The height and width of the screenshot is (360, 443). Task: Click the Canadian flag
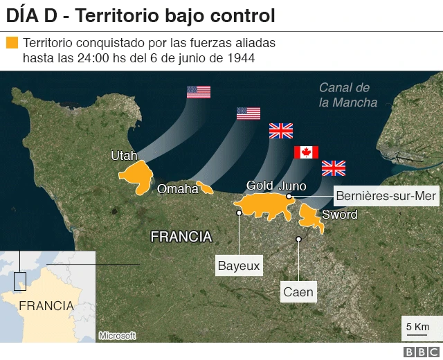(306, 152)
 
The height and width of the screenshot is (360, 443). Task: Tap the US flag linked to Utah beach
(199, 91)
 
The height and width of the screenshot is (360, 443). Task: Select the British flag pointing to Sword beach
(334, 168)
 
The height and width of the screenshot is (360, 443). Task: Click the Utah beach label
(124, 156)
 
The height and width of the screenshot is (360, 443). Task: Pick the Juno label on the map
(292, 186)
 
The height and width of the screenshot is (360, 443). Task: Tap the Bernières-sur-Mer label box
(386, 197)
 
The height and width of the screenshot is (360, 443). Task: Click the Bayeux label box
(239, 265)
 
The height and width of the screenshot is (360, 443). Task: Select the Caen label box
(298, 292)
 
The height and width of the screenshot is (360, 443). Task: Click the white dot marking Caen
(299, 240)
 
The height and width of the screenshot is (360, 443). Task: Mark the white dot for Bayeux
(239, 213)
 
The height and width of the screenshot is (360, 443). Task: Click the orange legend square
(12, 43)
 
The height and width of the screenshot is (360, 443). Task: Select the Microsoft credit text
(116, 336)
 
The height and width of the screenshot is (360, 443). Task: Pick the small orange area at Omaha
(205, 188)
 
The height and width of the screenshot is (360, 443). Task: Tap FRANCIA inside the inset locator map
(46, 305)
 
